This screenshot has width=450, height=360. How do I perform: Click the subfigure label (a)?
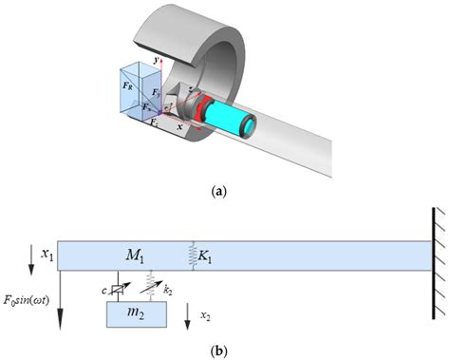click(x=221, y=190)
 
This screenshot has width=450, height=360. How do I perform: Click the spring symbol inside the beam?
click(x=193, y=255)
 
